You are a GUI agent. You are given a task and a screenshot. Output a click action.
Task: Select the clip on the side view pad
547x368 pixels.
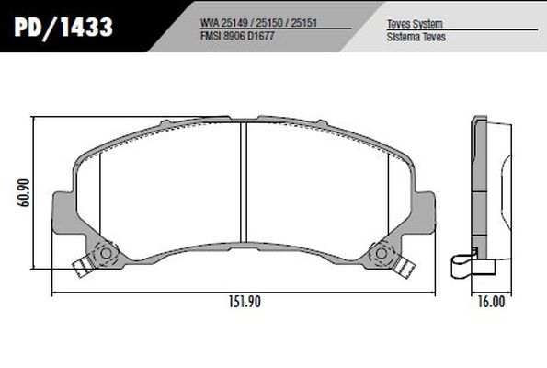click(465, 267)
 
